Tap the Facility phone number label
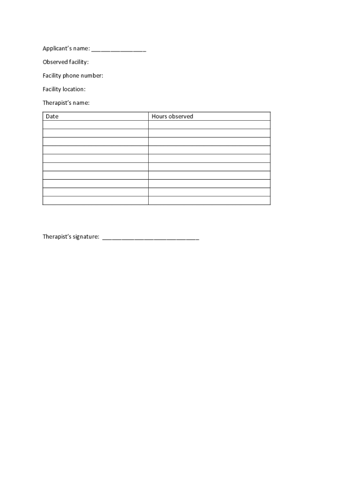(x=72, y=76)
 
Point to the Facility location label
(x=64, y=89)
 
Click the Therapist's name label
(x=66, y=103)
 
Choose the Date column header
(x=52, y=116)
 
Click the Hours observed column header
(x=172, y=116)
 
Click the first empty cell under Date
(x=95, y=125)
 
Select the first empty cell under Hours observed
(x=209, y=125)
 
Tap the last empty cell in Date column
(x=95, y=201)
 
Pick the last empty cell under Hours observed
(x=209, y=201)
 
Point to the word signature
(x=86, y=237)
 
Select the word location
(x=74, y=89)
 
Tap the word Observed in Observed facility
(x=55, y=62)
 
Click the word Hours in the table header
(x=159, y=116)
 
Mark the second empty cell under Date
(x=95, y=133)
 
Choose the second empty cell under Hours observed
(x=209, y=133)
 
